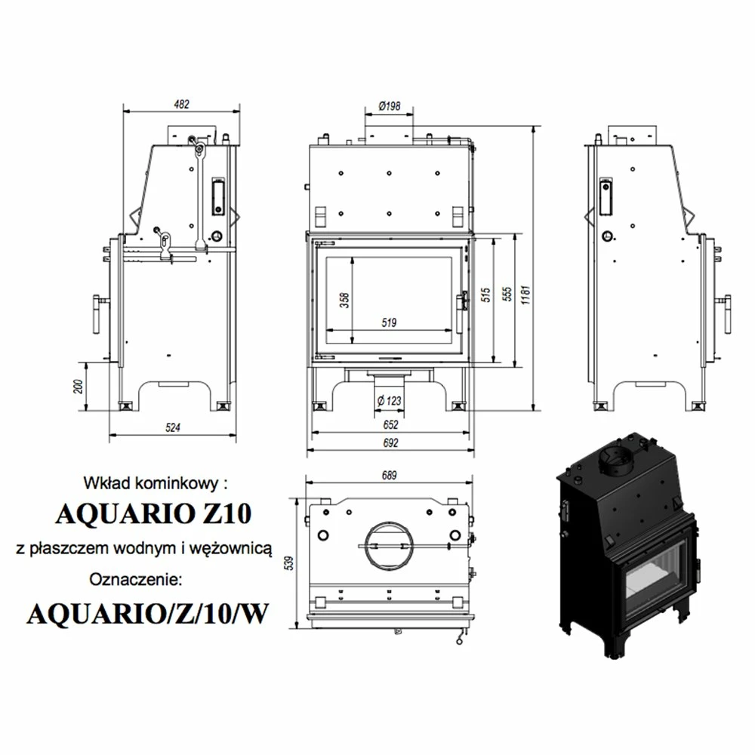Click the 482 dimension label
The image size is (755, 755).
point(181,104)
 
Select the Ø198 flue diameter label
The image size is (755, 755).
point(390,106)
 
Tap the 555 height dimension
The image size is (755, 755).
point(507,294)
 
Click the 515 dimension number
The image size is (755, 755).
point(485,294)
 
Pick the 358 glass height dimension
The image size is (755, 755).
point(344,300)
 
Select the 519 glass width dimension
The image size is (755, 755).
point(389,322)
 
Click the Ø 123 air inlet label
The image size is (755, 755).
point(389,401)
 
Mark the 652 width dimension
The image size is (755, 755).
point(390,424)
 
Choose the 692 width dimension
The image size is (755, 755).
point(390,442)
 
